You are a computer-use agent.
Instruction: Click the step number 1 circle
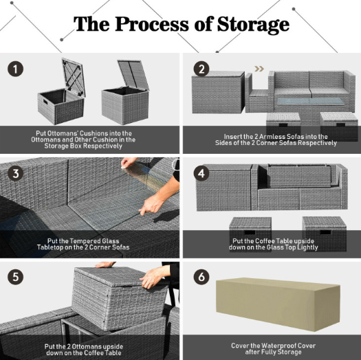(x=15, y=69)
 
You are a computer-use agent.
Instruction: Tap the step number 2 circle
(x=201, y=69)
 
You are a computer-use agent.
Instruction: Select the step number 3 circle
(x=15, y=173)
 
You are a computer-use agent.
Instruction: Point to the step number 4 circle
(x=201, y=173)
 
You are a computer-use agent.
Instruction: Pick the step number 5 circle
(x=15, y=277)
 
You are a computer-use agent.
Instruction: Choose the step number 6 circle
(x=201, y=277)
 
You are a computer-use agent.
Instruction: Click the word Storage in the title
(x=253, y=25)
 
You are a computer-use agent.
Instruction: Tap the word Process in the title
(x=152, y=24)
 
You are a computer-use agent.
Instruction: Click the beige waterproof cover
(x=278, y=304)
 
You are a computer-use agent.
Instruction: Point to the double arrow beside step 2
(x=259, y=69)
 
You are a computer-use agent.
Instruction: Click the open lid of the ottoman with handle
(x=74, y=77)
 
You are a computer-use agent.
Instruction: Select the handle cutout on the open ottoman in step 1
(x=45, y=102)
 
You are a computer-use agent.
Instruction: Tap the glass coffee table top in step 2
(x=311, y=101)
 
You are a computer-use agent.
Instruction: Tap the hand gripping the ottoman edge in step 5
(x=154, y=276)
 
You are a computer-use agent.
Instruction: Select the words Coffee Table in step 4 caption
(x=272, y=241)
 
